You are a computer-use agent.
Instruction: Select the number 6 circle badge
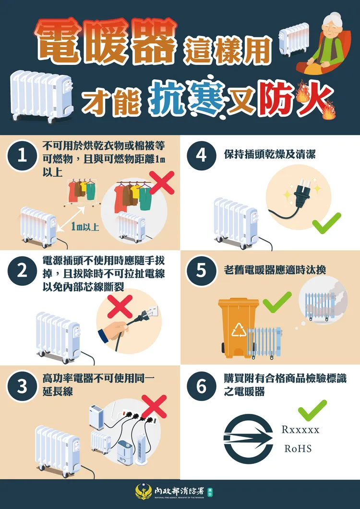[202, 387]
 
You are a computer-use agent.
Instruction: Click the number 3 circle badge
[22, 387]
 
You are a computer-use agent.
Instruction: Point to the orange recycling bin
[238, 327]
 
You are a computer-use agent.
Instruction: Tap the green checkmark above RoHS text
[312, 411]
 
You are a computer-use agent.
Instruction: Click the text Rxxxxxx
[300, 429]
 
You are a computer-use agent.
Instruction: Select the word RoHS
[298, 448]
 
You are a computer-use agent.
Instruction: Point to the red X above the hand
[120, 307]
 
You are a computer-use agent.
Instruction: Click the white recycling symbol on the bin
[239, 329]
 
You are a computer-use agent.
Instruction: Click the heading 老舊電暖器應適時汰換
[275, 270]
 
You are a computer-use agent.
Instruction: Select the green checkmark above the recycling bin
[277, 301]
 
